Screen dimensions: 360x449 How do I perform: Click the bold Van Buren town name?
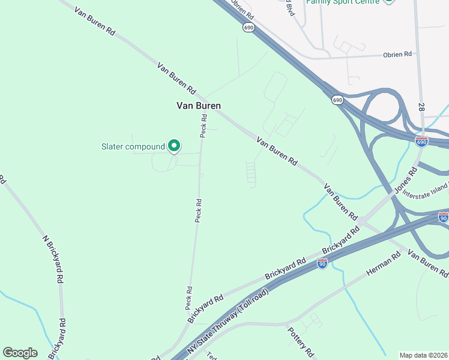tap(199, 106)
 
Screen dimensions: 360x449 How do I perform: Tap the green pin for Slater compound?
tap(174, 146)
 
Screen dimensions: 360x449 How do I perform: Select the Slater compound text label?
tap(133, 146)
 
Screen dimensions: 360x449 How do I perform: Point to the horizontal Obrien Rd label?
tap(397, 55)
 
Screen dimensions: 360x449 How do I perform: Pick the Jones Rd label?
tap(406, 178)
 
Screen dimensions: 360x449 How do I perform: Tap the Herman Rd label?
tap(383, 265)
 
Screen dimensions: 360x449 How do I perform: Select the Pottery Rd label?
tap(300, 341)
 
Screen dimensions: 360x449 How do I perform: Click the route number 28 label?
tap(422, 106)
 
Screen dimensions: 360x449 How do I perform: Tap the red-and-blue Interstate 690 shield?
tap(422, 142)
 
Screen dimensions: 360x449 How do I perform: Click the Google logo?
tap(20, 353)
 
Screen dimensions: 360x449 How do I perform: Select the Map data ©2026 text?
tap(423, 355)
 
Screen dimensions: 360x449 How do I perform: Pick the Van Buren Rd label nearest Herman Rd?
tap(427, 262)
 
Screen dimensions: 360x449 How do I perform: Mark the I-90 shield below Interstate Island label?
tap(443, 217)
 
